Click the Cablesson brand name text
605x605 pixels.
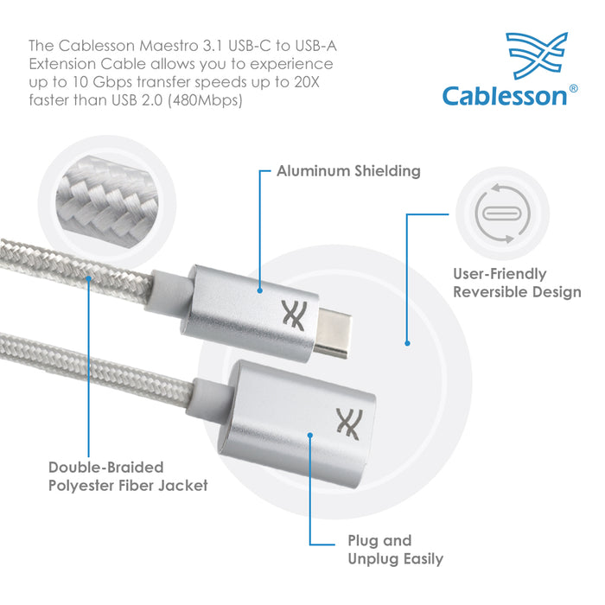coord(504,96)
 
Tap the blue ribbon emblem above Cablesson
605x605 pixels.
coord(538,55)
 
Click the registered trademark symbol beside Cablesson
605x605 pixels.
coord(573,88)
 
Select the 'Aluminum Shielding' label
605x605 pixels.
coord(348,171)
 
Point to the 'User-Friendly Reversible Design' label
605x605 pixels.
coord(517,283)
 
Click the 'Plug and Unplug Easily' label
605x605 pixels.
coord(396,550)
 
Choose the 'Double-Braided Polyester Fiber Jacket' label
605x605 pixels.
coord(128,476)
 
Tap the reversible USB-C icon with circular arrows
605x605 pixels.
coord(502,213)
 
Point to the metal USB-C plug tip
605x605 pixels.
coord(333,332)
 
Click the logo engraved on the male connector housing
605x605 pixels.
coord(294,315)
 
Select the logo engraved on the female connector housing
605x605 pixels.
coord(349,424)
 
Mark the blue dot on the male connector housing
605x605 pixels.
coord(259,290)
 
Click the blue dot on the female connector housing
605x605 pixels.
coord(309,436)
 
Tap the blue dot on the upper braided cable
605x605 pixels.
coord(88,278)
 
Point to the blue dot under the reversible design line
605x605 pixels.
coord(407,343)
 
